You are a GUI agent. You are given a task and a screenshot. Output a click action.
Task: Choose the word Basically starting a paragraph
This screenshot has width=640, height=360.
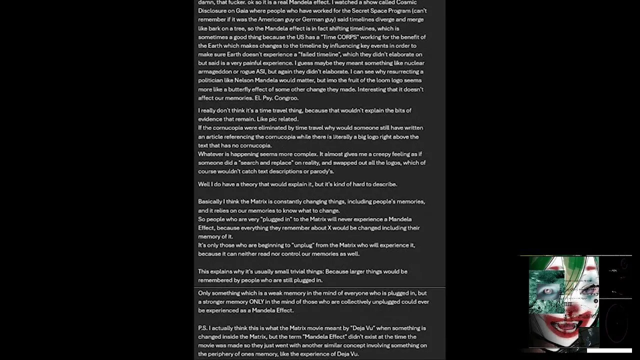coord(210,201)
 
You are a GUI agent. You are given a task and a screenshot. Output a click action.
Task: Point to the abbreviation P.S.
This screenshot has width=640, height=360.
coord(202,328)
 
